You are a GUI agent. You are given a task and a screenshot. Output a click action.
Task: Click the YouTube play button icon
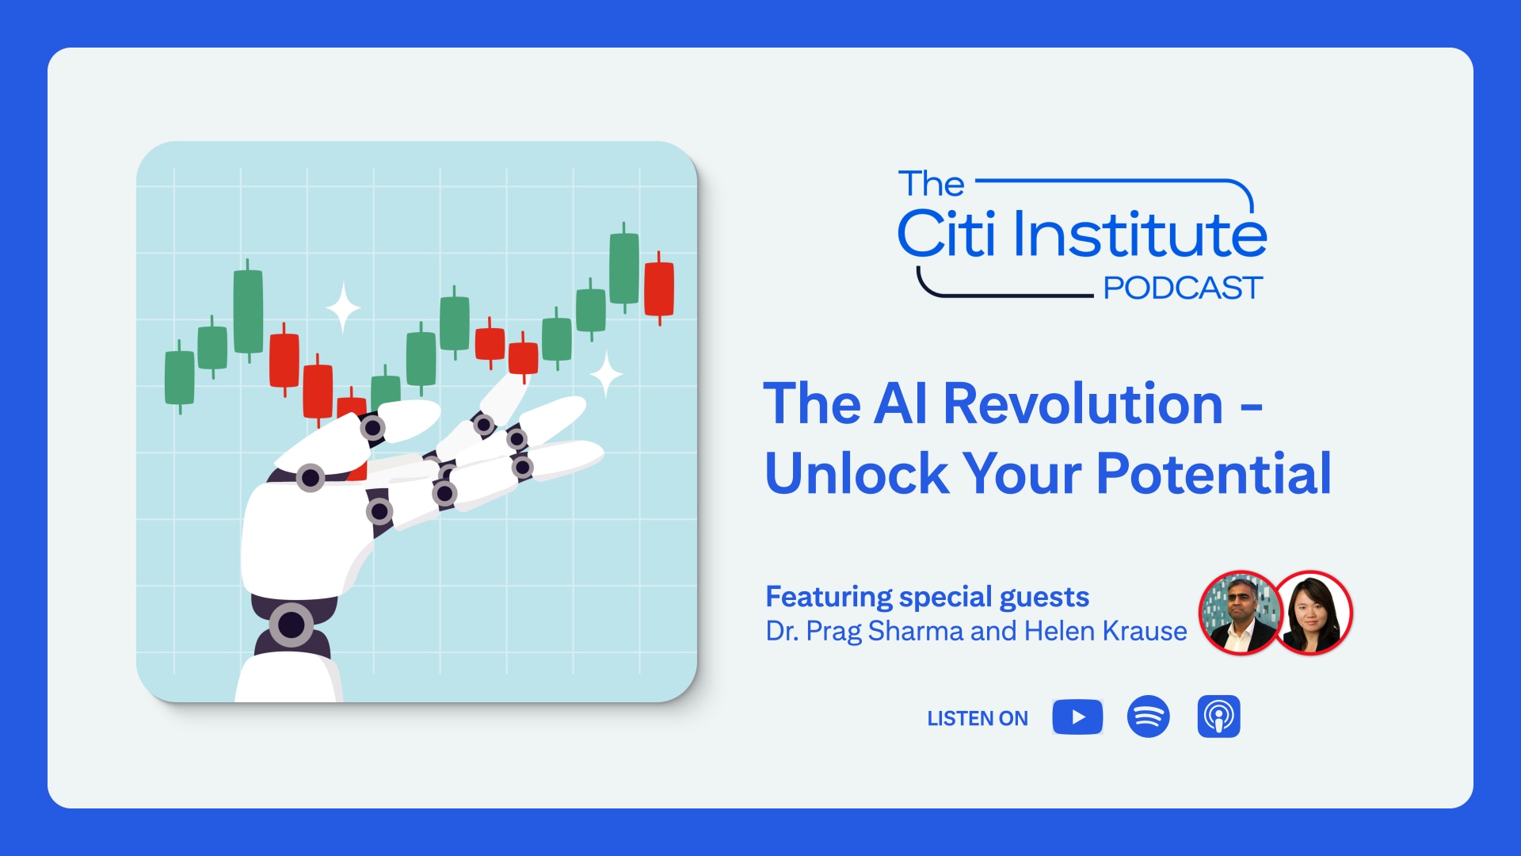(x=1077, y=717)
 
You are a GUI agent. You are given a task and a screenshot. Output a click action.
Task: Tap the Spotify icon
(x=1148, y=717)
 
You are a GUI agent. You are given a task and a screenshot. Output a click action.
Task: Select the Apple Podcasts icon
(x=1218, y=717)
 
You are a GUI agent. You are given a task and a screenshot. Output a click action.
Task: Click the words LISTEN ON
(x=978, y=719)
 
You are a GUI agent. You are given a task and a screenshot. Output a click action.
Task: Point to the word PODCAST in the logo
(x=1182, y=289)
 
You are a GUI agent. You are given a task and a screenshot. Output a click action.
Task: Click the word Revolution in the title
(x=1083, y=404)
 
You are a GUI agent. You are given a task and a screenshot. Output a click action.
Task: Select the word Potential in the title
(x=1214, y=474)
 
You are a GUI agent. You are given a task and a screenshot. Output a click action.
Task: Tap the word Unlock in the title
(x=856, y=474)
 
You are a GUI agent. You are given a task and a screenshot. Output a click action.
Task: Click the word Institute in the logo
(x=1140, y=235)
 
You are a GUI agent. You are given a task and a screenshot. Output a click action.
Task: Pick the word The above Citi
(x=931, y=185)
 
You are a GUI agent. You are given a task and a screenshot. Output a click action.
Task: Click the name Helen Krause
(x=1105, y=631)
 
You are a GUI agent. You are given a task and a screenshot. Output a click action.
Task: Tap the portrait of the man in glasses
(x=1240, y=613)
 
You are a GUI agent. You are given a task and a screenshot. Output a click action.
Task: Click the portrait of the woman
(x=1312, y=613)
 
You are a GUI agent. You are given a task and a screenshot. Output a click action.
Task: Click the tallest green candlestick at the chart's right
(x=624, y=268)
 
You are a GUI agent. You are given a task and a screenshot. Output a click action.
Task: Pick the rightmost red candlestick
(x=659, y=289)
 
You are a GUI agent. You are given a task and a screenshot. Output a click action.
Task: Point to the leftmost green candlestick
(x=179, y=377)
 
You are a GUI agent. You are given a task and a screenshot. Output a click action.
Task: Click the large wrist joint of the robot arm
(x=292, y=625)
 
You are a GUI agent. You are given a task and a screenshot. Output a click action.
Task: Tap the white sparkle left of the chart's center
(x=343, y=308)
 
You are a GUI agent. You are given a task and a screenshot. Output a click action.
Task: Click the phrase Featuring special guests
(x=927, y=597)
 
